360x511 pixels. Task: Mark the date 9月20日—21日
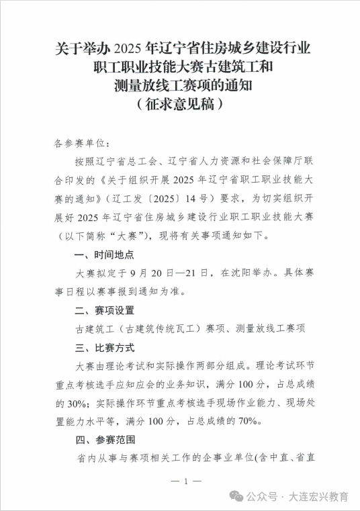click(x=165, y=273)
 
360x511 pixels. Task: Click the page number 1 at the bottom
click(x=179, y=481)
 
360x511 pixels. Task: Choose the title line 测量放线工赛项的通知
click(x=180, y=86)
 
